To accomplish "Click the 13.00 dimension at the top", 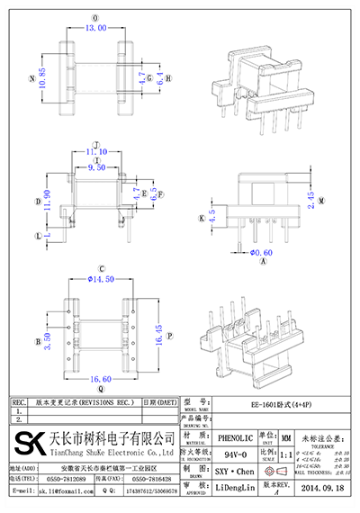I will click(94, 28).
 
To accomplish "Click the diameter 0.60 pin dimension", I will click(261, 252).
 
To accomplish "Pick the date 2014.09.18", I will click(319, 487).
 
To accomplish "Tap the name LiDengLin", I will click(235, 487).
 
